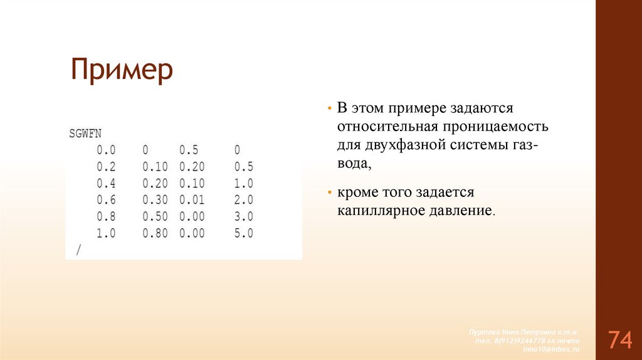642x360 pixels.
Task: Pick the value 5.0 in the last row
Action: pyautogui.click(x=243, y=233)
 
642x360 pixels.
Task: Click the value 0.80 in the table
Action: pyautogui.click(x=154, y=233)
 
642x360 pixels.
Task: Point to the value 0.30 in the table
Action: pyautogui.click(x=154, y=200)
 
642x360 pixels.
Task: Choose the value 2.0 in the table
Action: pyautogui.click(x=243, y=200)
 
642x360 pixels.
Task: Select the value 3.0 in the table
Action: pyautogui.click(x=243, y=217)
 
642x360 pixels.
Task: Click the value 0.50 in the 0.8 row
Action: pyautogui.click(x=154, y=217)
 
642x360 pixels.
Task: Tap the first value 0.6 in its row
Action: pyautogui.click(x=106, y=200)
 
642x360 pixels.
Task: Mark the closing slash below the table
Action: pyautogui.click(x=78, y=250)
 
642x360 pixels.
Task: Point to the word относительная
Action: pyautogui.click(x=386, y=126)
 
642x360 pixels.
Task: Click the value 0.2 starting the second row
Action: pyautogui.click(x=106, y=167)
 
